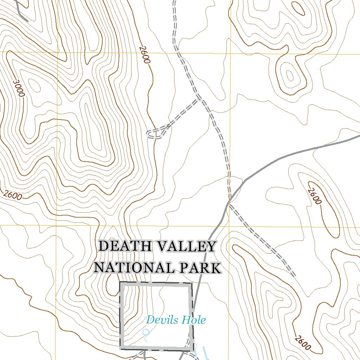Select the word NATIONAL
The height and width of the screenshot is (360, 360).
pos(134,268)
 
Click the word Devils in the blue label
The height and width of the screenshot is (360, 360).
pos(160,320)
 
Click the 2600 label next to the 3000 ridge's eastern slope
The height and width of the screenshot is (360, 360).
pos(144,54)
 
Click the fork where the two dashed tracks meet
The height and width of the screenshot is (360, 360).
pos(200,99)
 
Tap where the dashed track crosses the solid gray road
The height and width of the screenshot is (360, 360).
pos(230,200)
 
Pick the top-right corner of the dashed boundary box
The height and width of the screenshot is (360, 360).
pos(191,283)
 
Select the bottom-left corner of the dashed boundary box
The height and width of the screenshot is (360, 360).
pos(121,348)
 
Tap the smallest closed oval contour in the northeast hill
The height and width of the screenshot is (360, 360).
pos(290,75)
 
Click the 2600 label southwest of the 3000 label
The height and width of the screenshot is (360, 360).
pos(13,195)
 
